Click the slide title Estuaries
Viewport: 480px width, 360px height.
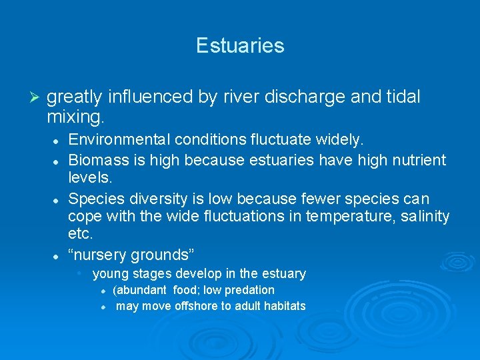pyautogui.click(x=240, y=45)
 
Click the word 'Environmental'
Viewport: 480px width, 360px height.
pyautogui.click(x=119, y=140)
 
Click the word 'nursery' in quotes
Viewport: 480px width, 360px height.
pyautogui.click(x=97, y=255)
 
